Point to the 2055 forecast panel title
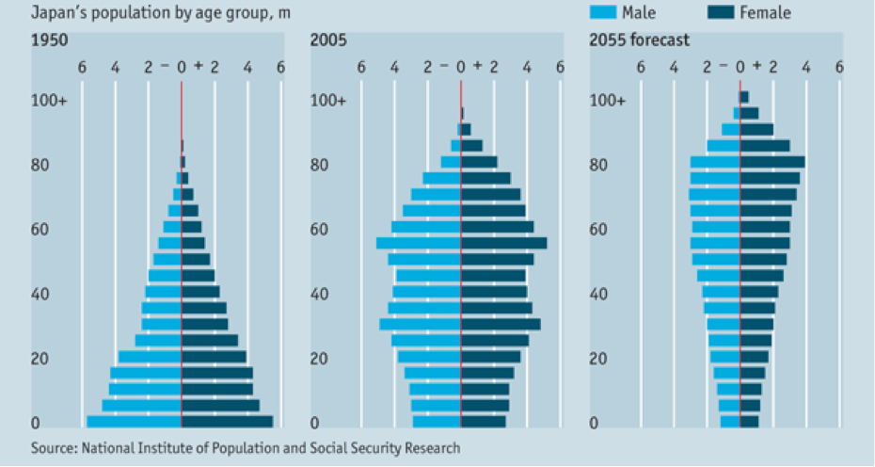(639, 40)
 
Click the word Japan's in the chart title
(56, 12)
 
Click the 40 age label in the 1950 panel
(43, 294)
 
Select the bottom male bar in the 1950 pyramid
(134, 421)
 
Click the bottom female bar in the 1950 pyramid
(227, 421)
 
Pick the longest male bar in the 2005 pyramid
(419, 243)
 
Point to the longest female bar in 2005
(503, 243)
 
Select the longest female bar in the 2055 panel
(772, 162)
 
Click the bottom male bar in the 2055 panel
(730, 421)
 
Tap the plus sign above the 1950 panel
(198, 67)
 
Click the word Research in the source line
(432, 448)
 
